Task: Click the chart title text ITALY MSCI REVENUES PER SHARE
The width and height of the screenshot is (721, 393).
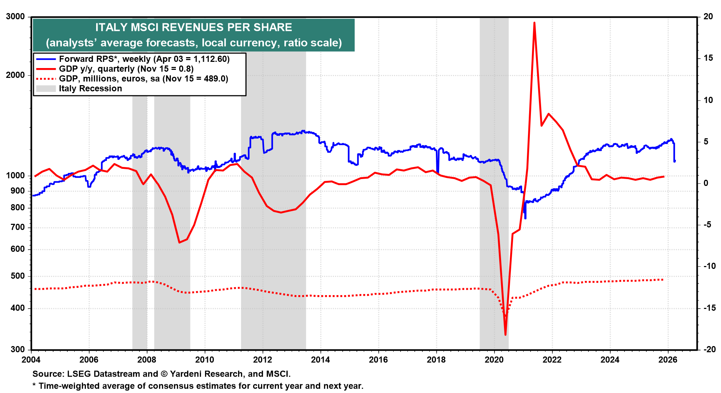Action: (x=193, y=27)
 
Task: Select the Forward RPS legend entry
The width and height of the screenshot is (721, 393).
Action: (x=144, y=59)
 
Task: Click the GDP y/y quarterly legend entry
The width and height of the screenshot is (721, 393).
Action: (x=126, y=69)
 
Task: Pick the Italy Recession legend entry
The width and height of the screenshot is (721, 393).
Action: (x=90, y=88)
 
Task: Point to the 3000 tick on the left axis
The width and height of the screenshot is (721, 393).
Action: (x=15, y=17)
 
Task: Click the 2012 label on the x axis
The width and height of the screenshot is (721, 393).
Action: (x=263, y=360)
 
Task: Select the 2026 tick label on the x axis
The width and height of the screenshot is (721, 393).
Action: (x=668, y=360)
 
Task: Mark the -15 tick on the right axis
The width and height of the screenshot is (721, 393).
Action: (x=709, y=308)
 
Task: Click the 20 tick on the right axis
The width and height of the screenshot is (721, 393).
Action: (x=708, y=17)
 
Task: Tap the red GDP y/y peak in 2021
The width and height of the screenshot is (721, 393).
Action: (x=534, y=23)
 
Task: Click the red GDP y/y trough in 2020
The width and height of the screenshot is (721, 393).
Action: (x=505, y=334)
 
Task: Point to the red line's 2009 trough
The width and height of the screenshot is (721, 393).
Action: (x=179, y=242)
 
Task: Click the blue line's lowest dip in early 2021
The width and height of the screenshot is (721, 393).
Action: (x=525, y=218)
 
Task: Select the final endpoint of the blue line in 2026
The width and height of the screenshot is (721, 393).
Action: (x=674, y=161)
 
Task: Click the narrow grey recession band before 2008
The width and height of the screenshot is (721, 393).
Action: (x=139, y=218)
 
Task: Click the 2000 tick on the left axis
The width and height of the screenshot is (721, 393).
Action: (x=15, y=75)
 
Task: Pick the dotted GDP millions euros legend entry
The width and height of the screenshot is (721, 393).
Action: (x=143, y=79)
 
